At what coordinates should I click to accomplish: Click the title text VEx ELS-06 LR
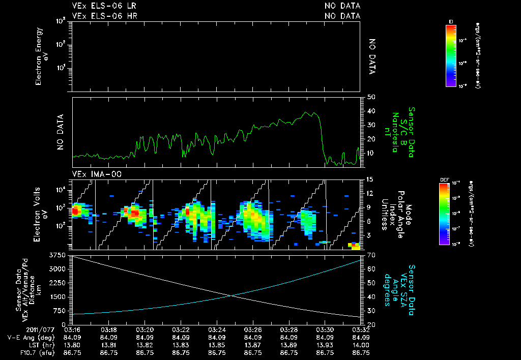point(104,6)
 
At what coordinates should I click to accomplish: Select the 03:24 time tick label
point(217,329)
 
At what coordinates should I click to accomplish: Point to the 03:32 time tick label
point(360,329)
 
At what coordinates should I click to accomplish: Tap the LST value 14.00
point(360,344)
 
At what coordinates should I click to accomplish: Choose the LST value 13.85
point(217,344)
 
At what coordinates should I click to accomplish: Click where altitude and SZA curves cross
point(231,295)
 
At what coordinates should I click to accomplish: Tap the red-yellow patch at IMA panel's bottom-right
point(355,246)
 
